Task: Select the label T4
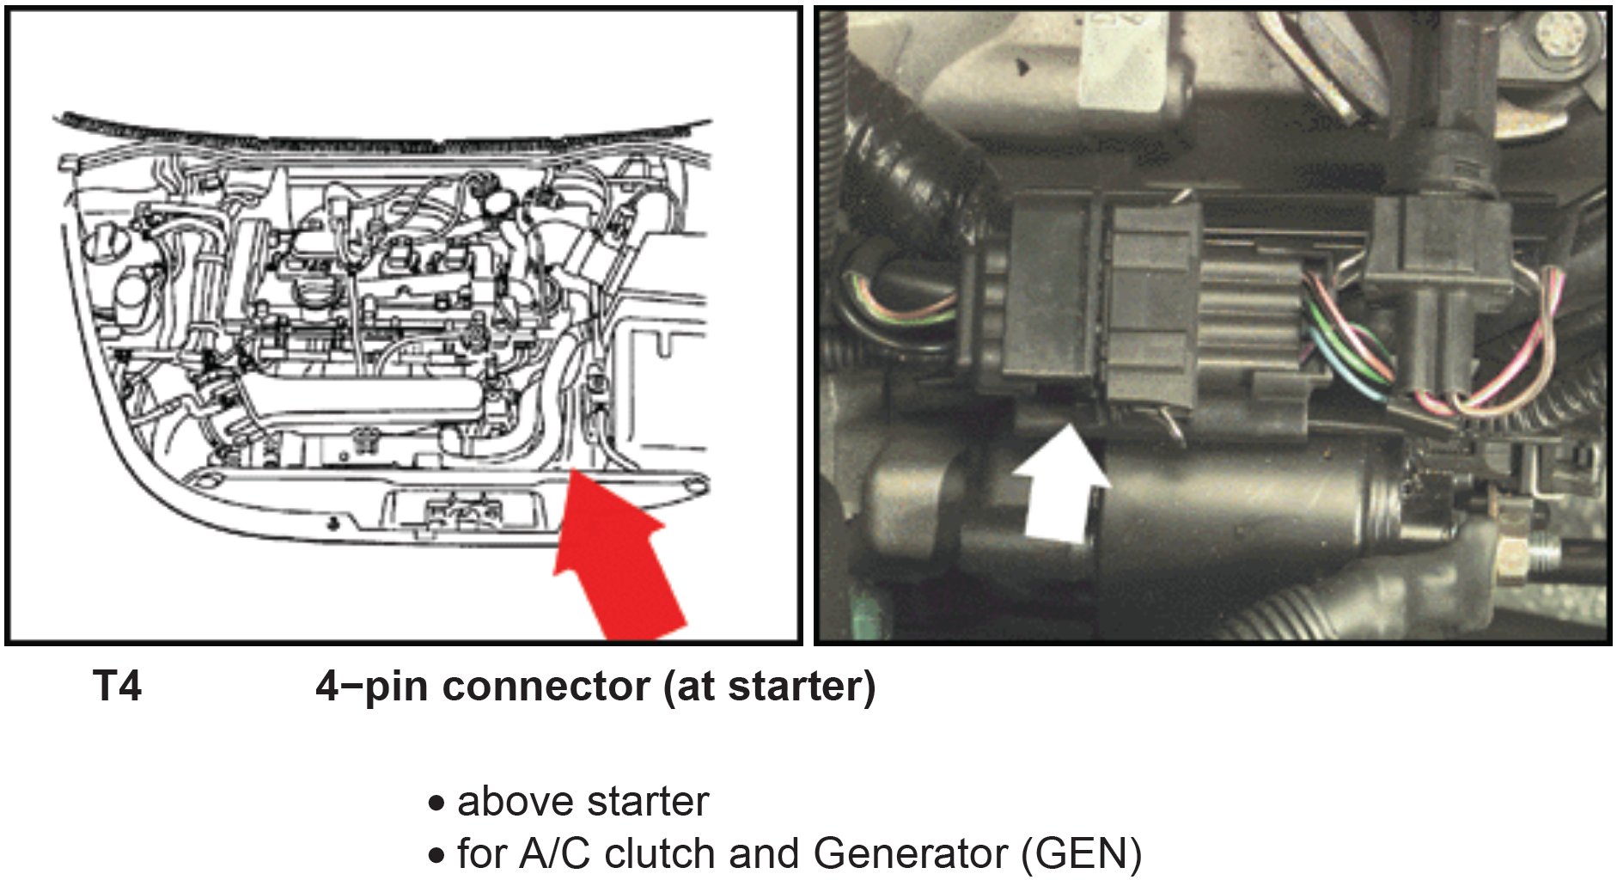tap(117, 687)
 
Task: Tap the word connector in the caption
tap(546, 687)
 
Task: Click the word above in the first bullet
tap(508, 802)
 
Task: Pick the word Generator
tap(910, 854)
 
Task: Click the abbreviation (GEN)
tap(1081, 854)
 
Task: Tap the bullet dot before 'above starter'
tap(437, 804)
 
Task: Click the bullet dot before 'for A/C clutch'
tap(437, 856)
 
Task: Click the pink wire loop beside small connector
tap(1538, 344)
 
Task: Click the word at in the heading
tap(694, 687)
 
